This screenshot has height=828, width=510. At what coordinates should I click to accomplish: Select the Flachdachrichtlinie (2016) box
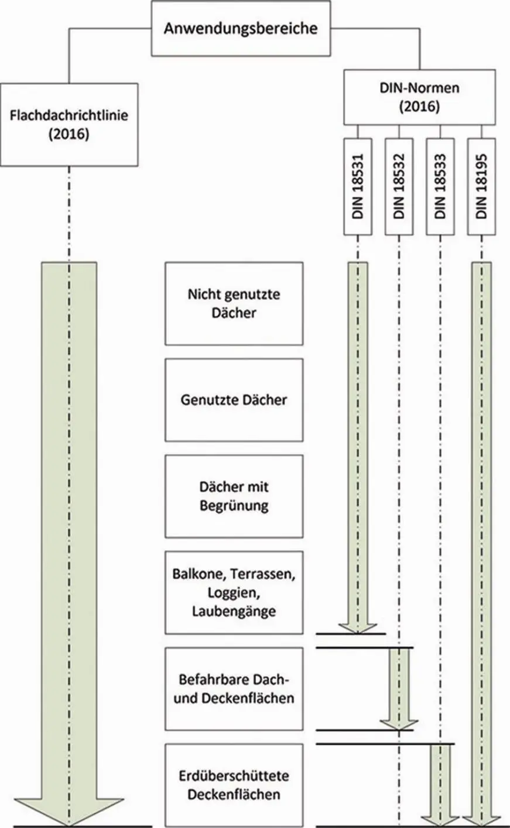(69, 124)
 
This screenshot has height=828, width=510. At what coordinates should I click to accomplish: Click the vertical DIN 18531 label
(358, 187)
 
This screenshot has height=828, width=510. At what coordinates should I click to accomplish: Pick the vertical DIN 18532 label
(399, 187)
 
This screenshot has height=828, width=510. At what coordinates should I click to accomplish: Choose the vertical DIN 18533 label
(440, 187)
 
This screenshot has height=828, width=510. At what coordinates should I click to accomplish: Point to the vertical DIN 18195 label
(481, 187)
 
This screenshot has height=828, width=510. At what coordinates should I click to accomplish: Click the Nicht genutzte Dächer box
(234, 303)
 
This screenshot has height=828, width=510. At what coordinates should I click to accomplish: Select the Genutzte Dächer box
(234, 400)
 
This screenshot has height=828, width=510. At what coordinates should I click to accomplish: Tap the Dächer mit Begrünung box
(234, 496)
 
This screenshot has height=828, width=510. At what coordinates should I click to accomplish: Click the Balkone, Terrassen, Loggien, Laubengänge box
(234, 592)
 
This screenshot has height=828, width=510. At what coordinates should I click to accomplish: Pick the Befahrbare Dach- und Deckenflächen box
(234, 689)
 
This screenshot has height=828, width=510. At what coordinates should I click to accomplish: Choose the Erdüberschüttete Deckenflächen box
(234, 785)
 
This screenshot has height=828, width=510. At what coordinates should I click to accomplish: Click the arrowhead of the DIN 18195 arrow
(481, 817)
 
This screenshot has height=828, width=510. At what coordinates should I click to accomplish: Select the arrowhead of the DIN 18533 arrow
(440, 817)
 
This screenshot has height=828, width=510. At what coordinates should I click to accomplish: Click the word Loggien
(233, 593)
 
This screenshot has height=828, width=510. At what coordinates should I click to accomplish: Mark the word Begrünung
(234, 505)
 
